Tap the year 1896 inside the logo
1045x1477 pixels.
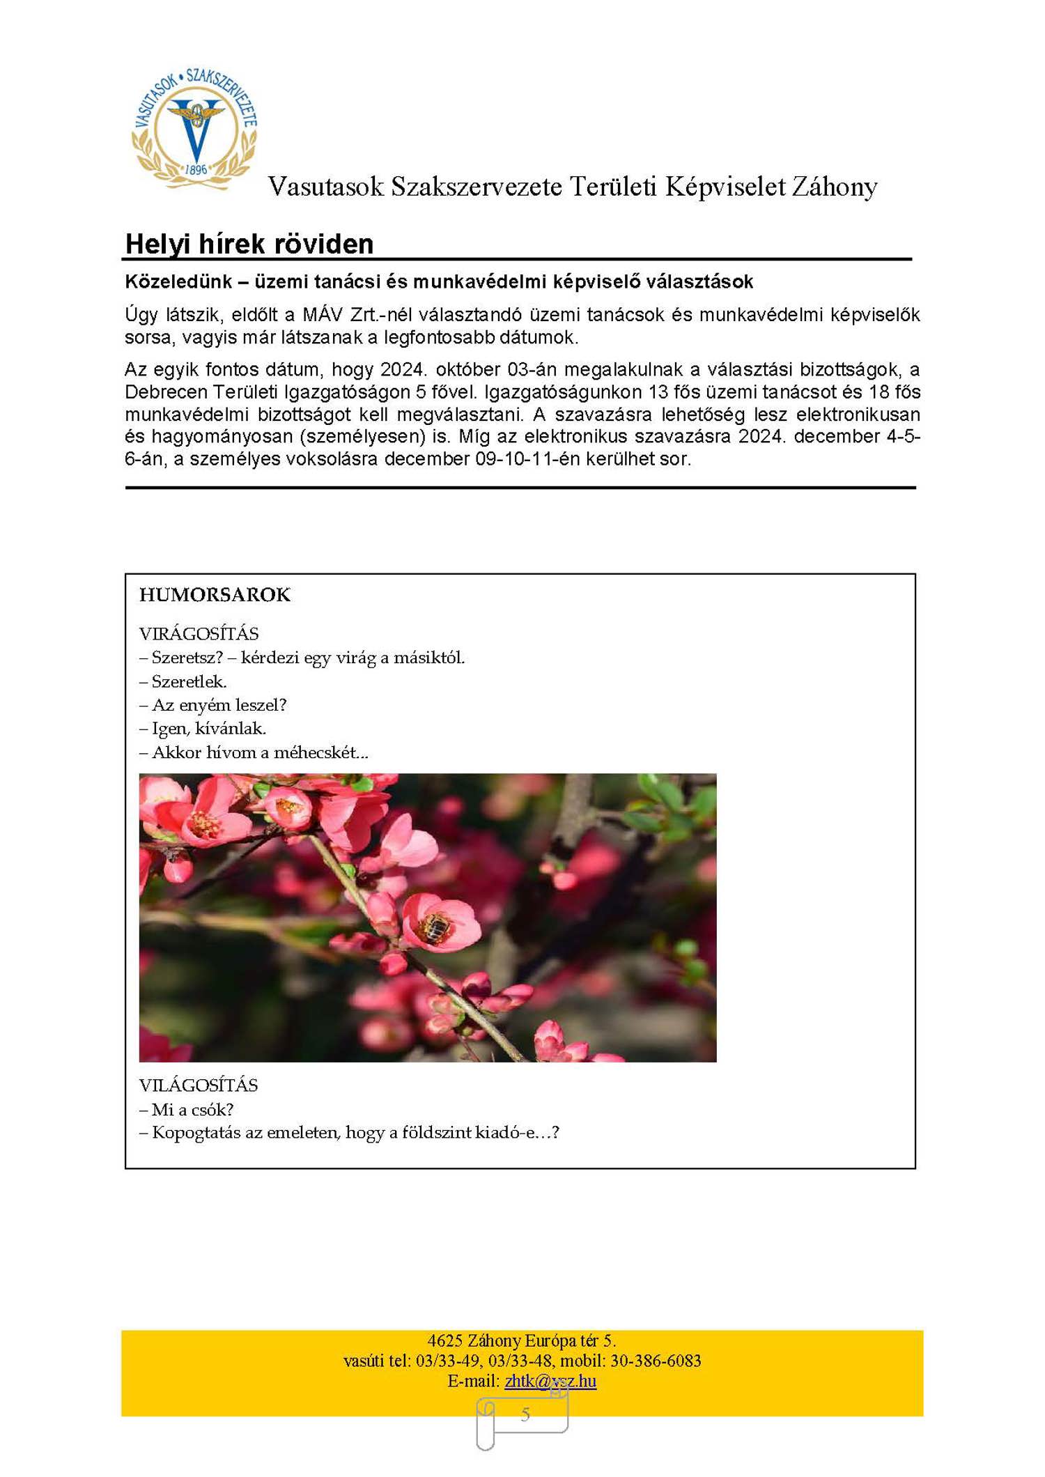click(x=196, y=169)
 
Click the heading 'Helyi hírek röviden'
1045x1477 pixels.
click(x=249, y=245)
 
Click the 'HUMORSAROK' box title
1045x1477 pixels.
click(x=215, y=595)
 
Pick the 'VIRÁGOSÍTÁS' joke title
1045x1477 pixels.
click(x=199, y=634)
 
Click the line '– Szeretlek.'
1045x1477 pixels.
click(x=183, y=681)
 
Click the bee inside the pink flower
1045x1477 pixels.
click(x=437, y=926)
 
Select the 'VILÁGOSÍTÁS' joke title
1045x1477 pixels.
click(x=199, y=1085)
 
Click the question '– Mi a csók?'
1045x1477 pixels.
click(x=187, y=1109)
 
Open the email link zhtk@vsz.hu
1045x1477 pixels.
click(x=550, y=1380)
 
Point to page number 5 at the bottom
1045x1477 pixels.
click(x=525, y=1414)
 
